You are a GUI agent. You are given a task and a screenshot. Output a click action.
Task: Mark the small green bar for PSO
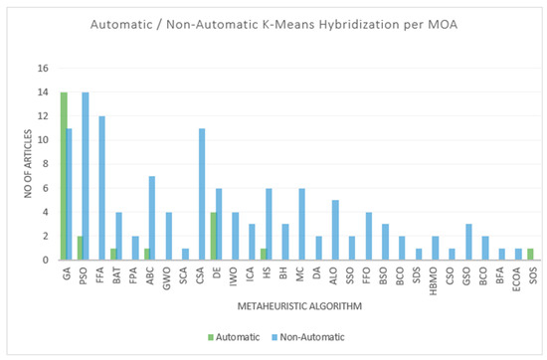pos(80,248)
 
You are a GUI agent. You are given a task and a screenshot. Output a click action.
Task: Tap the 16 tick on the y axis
pos(43,69)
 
